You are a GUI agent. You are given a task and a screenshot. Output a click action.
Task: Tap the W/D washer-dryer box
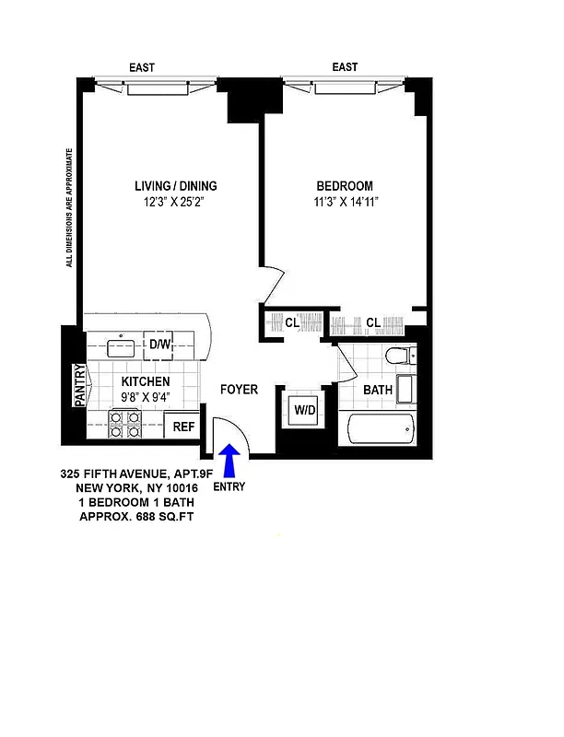tap(303, 410)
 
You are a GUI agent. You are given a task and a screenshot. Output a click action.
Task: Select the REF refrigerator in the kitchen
tap(183, 426)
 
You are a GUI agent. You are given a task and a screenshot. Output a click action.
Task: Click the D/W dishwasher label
tap(160, 345)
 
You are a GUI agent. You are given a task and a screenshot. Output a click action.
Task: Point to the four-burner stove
tap(125, 424)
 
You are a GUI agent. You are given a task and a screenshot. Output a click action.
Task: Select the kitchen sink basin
tap(120, 347)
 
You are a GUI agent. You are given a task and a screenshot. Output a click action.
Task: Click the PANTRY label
tap(79, 385)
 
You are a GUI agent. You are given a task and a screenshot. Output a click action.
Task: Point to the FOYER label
tap(239, 390)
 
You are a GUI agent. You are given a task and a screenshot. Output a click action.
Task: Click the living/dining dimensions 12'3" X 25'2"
tap(174, 202)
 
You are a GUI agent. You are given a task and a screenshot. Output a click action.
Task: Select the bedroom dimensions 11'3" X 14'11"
tap(345, 202)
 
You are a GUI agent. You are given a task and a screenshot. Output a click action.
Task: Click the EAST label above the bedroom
tap(345, 67)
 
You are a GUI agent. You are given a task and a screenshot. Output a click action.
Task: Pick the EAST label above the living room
tap(141, 67)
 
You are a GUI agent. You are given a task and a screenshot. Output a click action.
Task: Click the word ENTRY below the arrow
tap(229, 486)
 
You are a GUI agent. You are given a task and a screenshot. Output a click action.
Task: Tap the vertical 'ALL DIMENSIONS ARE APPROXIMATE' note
tap(68, 207)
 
